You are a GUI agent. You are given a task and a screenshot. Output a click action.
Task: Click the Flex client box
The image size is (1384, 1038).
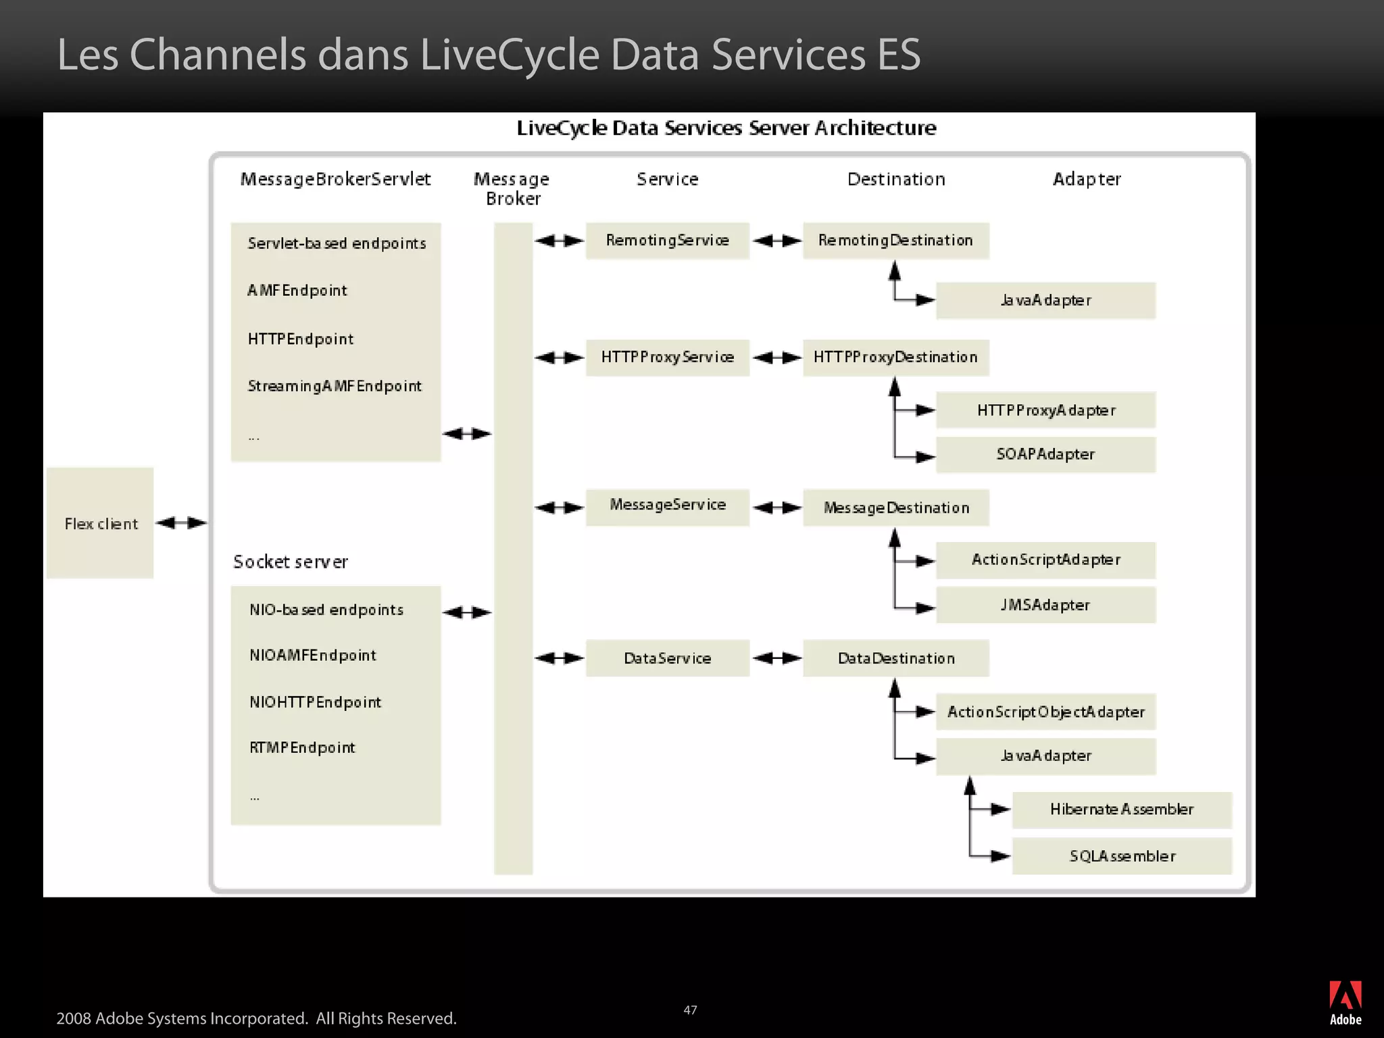point(100,523)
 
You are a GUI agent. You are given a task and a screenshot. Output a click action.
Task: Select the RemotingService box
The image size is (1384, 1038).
point(667,241)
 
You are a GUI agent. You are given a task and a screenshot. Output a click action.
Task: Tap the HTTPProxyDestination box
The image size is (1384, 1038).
point(895,357)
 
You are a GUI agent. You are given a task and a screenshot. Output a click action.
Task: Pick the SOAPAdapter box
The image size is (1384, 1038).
point(1045,454)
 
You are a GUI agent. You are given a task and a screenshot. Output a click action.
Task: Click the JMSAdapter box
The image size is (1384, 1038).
point(1045,605)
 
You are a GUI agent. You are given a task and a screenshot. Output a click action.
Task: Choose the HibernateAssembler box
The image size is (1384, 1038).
point(1122,810)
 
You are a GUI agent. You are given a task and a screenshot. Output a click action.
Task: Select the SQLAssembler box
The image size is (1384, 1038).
point(1122,856)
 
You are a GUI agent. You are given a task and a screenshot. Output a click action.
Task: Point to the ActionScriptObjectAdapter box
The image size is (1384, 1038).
point(1045,712)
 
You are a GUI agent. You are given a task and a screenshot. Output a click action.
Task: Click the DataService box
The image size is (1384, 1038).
point(667,658)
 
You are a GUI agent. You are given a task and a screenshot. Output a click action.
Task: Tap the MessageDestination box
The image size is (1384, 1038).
point(895,508)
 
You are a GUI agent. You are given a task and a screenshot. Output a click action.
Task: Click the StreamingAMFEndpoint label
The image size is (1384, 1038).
point(335,386)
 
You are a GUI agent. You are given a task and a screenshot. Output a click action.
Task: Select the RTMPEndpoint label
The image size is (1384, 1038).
point(302,747)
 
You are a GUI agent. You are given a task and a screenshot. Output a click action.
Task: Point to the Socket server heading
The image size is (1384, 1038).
point(291,562)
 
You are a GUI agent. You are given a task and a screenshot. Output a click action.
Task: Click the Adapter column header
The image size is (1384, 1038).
point(1087,179)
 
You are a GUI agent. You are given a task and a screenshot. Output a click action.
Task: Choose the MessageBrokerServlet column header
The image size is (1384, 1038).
point(335,179)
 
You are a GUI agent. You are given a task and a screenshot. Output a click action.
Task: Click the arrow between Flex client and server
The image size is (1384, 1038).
point(181,522)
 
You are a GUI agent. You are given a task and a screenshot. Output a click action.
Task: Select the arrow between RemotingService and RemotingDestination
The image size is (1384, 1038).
point(776,241)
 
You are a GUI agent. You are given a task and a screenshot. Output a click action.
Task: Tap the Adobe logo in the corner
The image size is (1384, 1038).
point(1345,1002)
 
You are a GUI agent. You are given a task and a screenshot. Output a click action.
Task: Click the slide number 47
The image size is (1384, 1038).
point(690,1010)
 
